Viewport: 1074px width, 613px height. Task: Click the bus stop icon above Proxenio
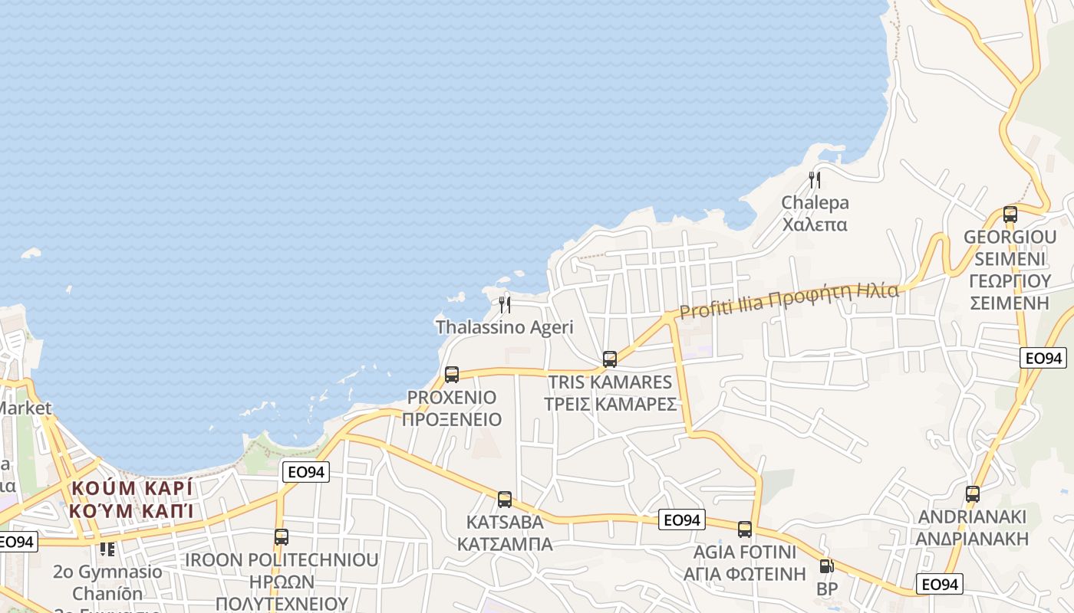coord(452,375)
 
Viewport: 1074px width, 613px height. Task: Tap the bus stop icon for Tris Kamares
coord(610,359)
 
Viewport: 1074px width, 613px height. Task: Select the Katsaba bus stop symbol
coord(505,500)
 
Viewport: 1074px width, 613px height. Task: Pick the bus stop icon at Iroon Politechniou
coord(282,537)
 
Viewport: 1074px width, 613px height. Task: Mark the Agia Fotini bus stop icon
coord(745,529)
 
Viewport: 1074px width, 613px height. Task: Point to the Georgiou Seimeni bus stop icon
coord(1010,215)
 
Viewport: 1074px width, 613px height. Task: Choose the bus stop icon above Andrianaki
coord(973,494)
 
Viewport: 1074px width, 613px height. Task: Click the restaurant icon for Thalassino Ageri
coord(505,304)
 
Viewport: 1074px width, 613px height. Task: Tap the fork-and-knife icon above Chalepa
coord(815,180)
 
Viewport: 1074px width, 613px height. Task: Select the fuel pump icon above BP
coord(826,566)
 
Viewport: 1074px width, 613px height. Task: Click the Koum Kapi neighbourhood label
coord(131,499)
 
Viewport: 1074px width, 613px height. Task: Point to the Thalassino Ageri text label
coord(505,327)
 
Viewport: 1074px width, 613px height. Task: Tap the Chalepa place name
coord(815,203)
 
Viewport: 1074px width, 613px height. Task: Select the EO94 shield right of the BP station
coord(940,585)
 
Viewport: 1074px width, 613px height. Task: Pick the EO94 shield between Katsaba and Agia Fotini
coord(682,520)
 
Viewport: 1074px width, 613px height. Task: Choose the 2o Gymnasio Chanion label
coord(107,582)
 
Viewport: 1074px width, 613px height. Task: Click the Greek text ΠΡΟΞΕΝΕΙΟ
coord(452,420)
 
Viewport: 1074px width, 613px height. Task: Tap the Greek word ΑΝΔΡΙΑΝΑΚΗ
coord(973,539)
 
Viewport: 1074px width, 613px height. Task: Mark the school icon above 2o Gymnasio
coord(107,549)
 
